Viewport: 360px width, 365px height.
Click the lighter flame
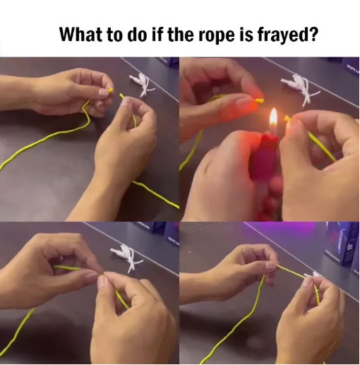pyautogui.click(x=273, y=119)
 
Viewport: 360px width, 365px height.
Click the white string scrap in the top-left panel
pyautogui.click(x=143, y=85)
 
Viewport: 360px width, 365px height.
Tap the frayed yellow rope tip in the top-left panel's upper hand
pyautogui.click(x=111, y=90)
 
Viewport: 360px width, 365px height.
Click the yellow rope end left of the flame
pyautogui.click(x=260, y=101)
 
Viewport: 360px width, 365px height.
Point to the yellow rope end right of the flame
pyautogui.click(x=287, y=118)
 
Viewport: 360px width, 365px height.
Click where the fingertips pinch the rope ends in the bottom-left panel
pyautogui.click(x=102, y=275)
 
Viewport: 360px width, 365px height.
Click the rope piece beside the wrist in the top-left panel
pyautogui.click(x=156, y=194)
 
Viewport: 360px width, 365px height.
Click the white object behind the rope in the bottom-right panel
pyautogui.click(x=311, y=275)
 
